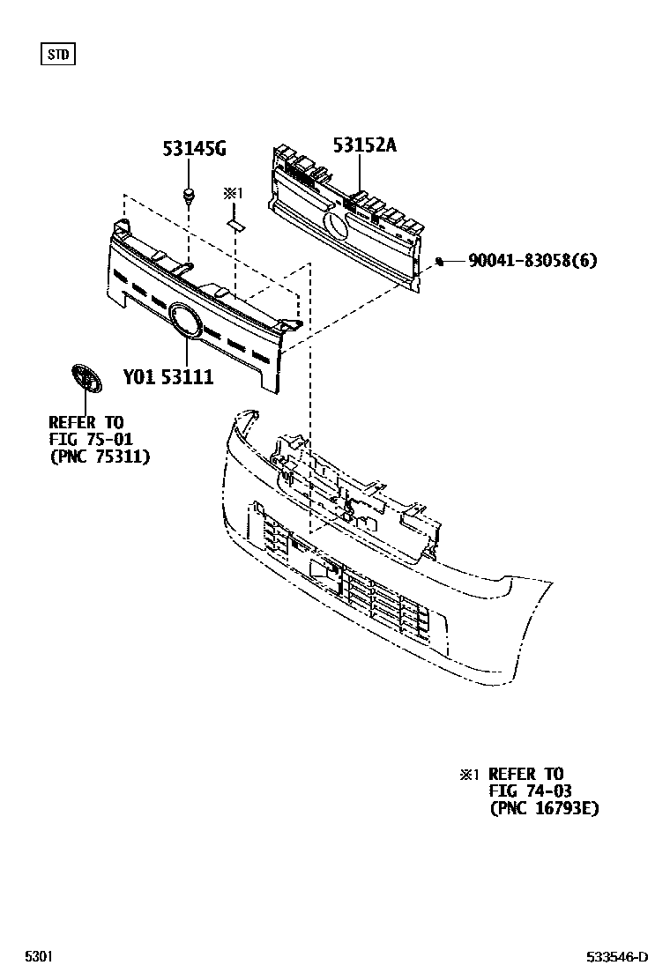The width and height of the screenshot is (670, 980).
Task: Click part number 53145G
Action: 194,148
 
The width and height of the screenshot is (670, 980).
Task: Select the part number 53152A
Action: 364,145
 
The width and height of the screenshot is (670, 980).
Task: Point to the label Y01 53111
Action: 167,376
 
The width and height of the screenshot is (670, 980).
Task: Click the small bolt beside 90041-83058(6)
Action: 439,260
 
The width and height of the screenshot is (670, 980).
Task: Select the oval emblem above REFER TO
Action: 85,379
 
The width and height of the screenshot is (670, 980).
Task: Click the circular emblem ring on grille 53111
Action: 185,320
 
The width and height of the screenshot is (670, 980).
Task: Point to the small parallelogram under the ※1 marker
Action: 235,224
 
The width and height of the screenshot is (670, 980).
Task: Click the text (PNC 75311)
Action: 100,457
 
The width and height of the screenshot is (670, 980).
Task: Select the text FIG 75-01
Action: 90,439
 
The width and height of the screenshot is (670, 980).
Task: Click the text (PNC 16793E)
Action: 543,808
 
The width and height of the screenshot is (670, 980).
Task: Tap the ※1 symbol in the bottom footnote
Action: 468,775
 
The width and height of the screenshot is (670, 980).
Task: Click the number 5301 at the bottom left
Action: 38,956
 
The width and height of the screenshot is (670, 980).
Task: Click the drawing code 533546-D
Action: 618,956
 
